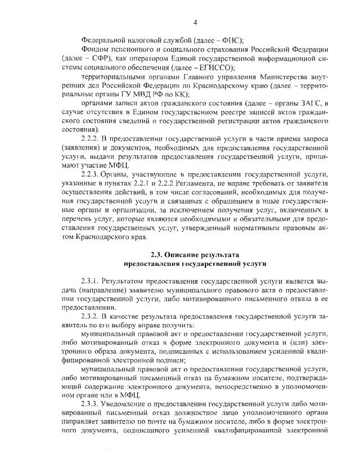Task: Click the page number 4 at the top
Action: pos(195,22)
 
